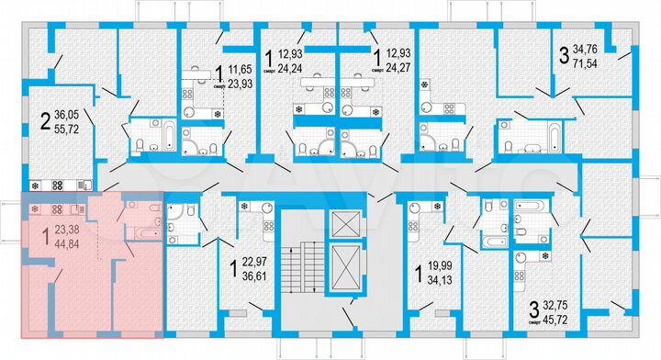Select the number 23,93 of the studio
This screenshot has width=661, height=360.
(242, 83)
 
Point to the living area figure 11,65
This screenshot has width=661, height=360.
(242, 67)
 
